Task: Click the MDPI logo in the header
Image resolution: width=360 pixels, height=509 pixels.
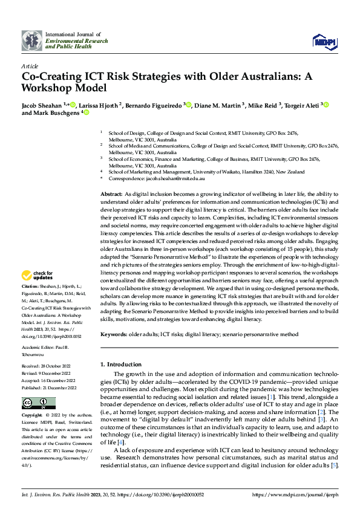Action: pyautogui.click(x=322, y=41)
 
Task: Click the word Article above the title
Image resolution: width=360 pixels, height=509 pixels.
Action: pyautogui.click(x=29, y=66)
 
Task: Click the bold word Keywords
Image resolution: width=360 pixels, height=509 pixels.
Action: pyautogui.click(x=113, y=334)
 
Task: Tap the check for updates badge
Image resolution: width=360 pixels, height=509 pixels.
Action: pyautogui.click(x=38, y=275)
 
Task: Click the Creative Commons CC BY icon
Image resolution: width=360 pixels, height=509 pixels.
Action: pyautogui.click(x=30, y=403)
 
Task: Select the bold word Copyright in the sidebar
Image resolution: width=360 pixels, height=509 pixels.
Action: pyautogui.click(x=31, y=417)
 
